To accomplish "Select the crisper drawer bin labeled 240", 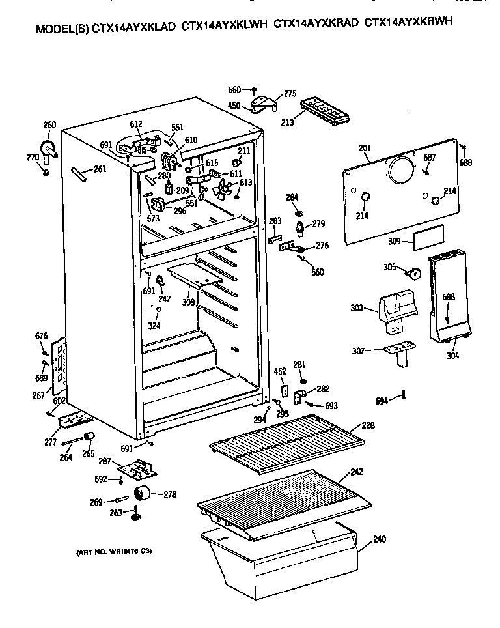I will [280, 554].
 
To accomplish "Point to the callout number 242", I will [355, 472].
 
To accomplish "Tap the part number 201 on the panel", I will [364, 149].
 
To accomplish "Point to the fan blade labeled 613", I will [223, 188].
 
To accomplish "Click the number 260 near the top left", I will [49, 126].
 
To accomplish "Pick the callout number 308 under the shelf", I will [188, 302].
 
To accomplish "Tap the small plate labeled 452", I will [284, 390].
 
